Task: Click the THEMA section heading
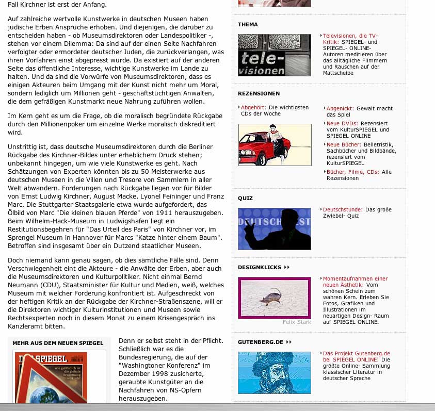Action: point(248,24)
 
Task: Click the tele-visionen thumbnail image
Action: point(274,55)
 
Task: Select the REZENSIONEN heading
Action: point(259,93)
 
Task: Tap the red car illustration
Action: point(275,145)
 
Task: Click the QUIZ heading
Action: point(245,198)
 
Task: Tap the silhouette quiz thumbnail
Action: point(274,229)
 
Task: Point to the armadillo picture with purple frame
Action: point(274,298)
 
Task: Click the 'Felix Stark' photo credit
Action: point(297,322)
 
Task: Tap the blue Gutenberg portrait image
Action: point(274,373)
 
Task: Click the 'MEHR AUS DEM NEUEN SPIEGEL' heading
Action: point(58,343)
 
